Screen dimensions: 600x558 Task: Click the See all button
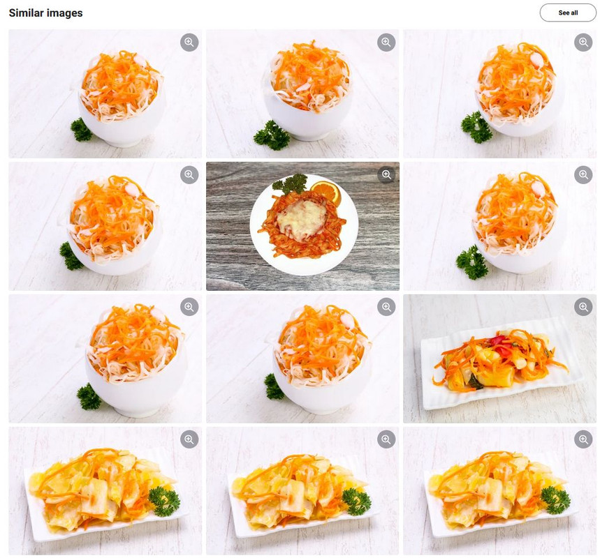click(568, 13)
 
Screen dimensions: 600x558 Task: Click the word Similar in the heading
click(26, 13)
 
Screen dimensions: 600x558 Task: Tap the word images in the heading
click(64, 13)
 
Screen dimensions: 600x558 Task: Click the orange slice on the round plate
click(325, 193)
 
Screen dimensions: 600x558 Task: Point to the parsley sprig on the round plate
click(291, 183)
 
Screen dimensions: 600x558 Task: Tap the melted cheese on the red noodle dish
click(302, 216)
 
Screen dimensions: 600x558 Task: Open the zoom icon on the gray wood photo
click(386, 174)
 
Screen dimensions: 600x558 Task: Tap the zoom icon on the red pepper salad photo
click(583, 307)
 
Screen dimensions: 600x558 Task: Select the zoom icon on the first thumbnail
click(189, 42)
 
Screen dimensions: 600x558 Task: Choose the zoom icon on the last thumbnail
click(583, 439)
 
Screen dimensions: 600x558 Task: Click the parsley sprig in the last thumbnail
click(555, 499)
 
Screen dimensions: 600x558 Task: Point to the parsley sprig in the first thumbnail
click(81, 130)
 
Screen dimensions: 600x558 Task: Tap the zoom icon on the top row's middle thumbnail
click(386, 42)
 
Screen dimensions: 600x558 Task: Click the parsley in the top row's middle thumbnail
click(272, 135)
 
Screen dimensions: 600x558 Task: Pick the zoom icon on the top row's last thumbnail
click(583, 42)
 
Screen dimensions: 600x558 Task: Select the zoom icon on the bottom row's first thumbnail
click(189, 439)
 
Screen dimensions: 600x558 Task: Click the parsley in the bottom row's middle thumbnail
click(357, 501)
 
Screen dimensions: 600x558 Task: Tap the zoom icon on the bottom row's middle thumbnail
click(386, 439)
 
